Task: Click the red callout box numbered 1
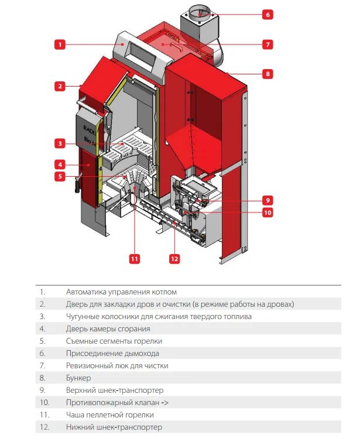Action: pyautogui.click(x=60, y=43)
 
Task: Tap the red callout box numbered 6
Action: pyautogui.click(x=268, y=14)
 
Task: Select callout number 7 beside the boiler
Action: pyautogui.click(x=268, y=44)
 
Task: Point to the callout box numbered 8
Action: pyautogui.click(x=268, y=74)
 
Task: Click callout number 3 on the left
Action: pyautogui.click(x=60, y=143)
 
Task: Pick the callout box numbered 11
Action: pyautogui.click(x=135, y=258)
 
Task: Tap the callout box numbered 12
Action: pyautogui.click(x=174, y=258)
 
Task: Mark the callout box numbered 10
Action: pyautogui.click(x=268, y=213)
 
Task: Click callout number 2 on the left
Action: pyautogui.click(x=60, y=86)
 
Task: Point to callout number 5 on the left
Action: pyautogui.click(x=60, y=176)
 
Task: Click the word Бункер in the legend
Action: pyautogui.click(x=78, y=378)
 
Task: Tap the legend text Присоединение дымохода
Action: pyautogui.click(x=112, y=353)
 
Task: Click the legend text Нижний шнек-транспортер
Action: pyautogui.click(x=114, y=427)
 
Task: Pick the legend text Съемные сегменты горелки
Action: pyautogui.click(x=114, y=341)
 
